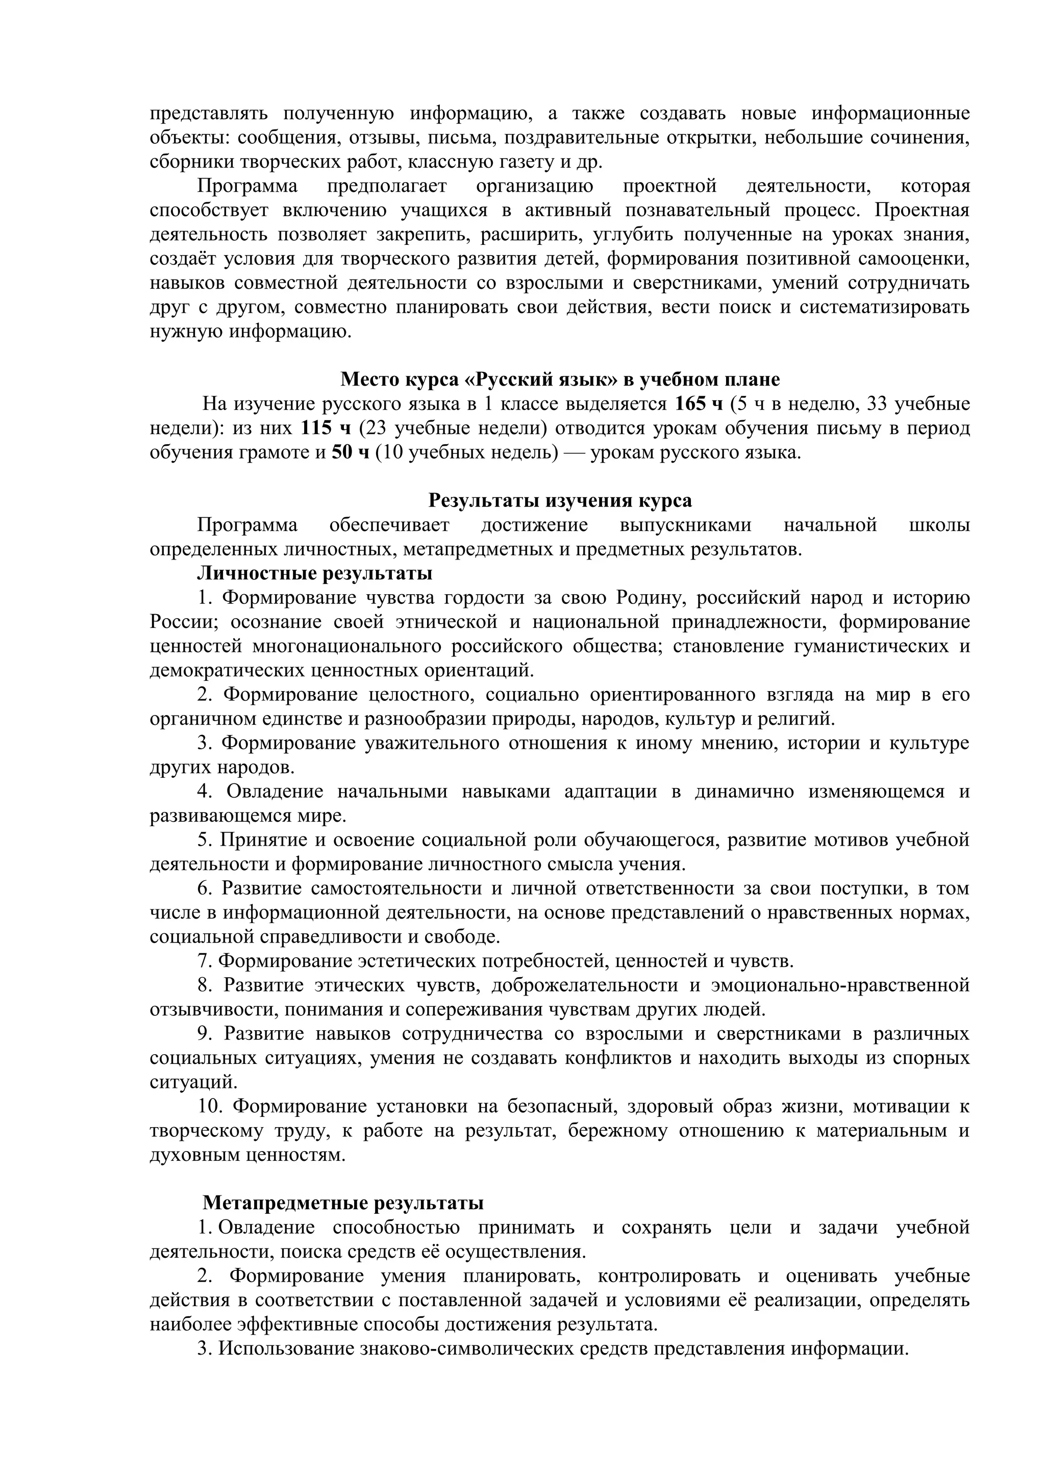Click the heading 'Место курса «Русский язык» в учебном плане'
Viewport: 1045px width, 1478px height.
click(x=560, y=378)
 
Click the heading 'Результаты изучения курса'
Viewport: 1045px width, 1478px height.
click(x=560, y=500)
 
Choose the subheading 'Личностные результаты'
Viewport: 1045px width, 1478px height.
click(x=314, y=573)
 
